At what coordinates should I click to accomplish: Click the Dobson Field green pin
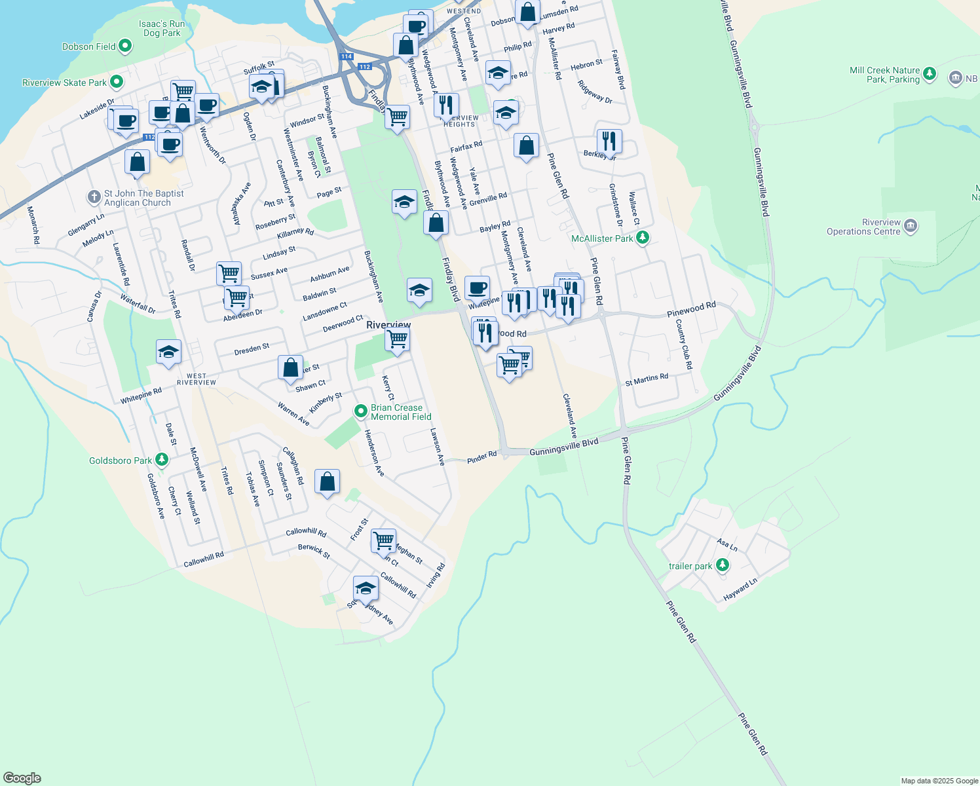tap(125, 47)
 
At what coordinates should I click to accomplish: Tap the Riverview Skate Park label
tap(64, 83)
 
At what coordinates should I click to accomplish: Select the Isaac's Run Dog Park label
tap(162, 28)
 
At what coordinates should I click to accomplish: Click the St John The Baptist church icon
tap(94, 196)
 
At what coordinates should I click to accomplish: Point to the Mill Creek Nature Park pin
tap(930, 75)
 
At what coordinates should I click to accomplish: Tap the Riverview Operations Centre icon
tap(910, 227)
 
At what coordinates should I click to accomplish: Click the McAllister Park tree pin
tap(643, 238)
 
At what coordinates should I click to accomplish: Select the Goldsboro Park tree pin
tap(162, 460)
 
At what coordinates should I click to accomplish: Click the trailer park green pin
tap(722, 565)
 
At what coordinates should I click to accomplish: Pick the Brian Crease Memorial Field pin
tap(360, 411)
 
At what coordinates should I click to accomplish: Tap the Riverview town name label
tap(388, 325)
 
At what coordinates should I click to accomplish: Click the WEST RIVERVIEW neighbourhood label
tap(197, 379)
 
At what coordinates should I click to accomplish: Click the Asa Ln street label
tap(727, 544)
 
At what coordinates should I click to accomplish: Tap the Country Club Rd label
tap(684, 345)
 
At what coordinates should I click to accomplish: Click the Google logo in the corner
tap(22, 778)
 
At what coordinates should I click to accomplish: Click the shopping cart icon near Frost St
tap(383, 542)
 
